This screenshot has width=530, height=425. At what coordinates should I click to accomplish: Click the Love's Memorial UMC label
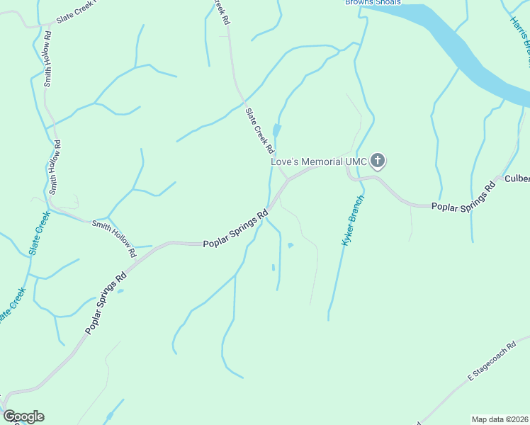pos(319,161)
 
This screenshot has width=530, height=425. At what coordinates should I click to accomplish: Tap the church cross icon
pos(378,161)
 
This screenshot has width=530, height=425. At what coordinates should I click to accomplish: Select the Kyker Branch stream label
pos(352,220)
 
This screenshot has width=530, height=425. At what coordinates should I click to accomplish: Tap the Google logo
pos(23,416)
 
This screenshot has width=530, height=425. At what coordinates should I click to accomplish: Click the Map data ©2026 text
pos(500,419)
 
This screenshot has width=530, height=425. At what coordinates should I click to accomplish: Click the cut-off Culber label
pos(517,178)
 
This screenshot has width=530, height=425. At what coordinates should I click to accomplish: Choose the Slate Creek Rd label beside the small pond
pos(259,130)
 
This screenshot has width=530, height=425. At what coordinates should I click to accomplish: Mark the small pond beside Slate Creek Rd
pos(276,130)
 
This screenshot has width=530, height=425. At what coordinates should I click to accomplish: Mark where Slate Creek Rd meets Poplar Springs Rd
pos(288,180)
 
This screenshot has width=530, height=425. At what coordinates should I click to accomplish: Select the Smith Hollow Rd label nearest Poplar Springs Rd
pos(114,237)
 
